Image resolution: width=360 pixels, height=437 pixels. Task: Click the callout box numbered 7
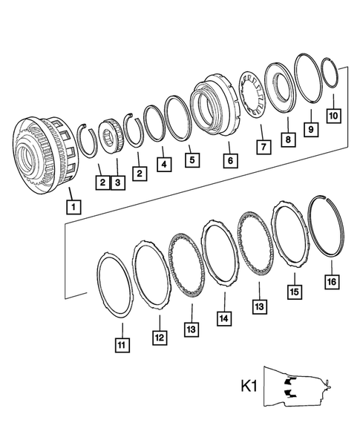pyautogui.click(x=263, y=148)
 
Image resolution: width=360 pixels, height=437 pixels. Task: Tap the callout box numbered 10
pyautogui.click(x=334, y=116)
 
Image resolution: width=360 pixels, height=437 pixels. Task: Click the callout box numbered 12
pyautogui.click(x=158, y=338)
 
